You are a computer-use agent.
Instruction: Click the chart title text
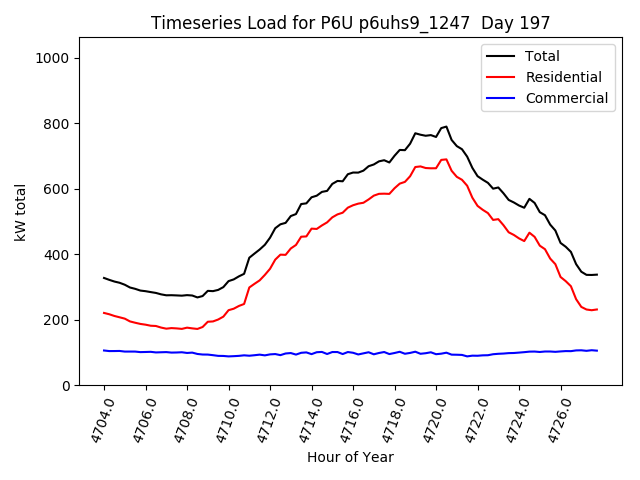click(350, 23)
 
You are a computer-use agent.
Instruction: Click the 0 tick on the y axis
click(65, 386)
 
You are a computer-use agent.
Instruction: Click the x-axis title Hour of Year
click(349, 457)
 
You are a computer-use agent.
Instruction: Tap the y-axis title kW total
click(20, 212)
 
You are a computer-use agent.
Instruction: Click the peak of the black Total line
click(446, 127)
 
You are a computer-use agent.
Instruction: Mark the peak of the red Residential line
click(446, 159)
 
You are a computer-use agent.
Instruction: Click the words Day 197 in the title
click(516, 23)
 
